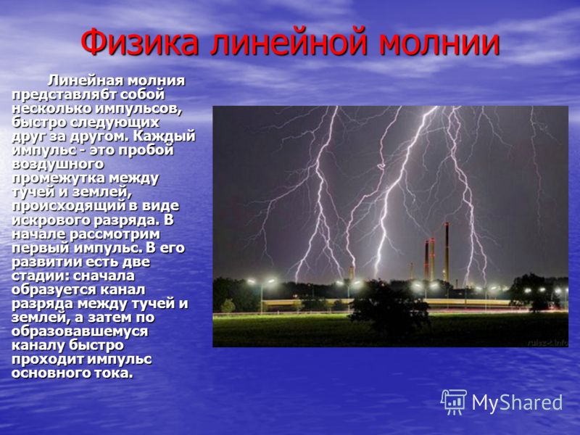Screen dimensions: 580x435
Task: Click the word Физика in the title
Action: (140, 41)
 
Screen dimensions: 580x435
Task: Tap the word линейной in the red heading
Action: (289, 41)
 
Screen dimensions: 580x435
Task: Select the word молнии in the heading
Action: (440, 43)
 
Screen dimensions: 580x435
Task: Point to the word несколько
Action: (52, 108)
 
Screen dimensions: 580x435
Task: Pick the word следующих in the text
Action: (120, 123)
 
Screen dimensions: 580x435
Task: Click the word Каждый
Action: (164, 136)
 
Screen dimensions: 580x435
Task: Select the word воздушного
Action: (58, 164)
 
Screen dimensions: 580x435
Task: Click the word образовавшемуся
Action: (80, 331)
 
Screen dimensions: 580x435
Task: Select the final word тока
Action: (115, 373)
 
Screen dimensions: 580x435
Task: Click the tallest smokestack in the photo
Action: (447, 252)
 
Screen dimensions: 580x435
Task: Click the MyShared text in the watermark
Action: (517, 402)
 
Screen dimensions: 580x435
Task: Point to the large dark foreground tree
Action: (389, 307)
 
